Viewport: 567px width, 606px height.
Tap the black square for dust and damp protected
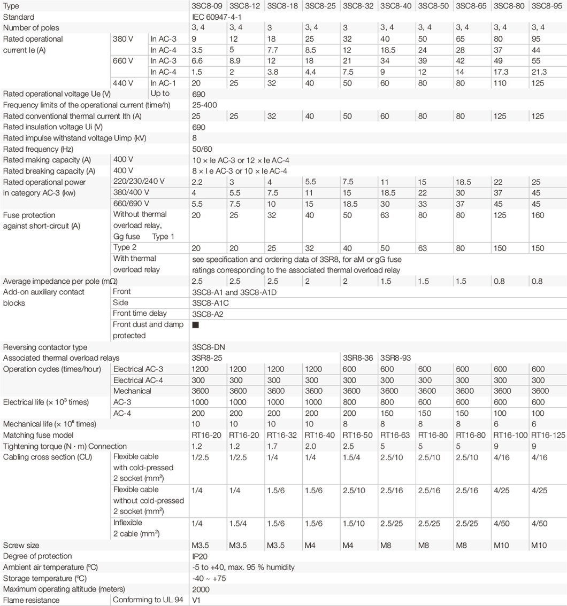tap(195, 325)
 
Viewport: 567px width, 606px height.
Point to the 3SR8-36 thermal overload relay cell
tap(358, 358)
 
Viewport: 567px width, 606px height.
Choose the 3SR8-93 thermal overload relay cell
tap(395, 358)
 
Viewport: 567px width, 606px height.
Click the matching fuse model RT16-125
tap(548, 435)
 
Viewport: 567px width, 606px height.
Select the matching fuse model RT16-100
tap(511, 435)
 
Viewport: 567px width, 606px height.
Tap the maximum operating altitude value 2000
tap(201, 589)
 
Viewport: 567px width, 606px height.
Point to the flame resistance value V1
tap(196, 600)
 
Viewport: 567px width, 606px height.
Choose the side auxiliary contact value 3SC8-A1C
tap(210, 302)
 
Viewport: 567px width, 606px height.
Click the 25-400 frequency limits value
tap(204, 105)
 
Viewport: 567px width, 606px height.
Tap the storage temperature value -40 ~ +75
tap(209, 578)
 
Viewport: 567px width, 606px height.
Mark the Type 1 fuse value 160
tap(538, 215)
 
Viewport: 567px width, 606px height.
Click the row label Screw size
tap(21, 546)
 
